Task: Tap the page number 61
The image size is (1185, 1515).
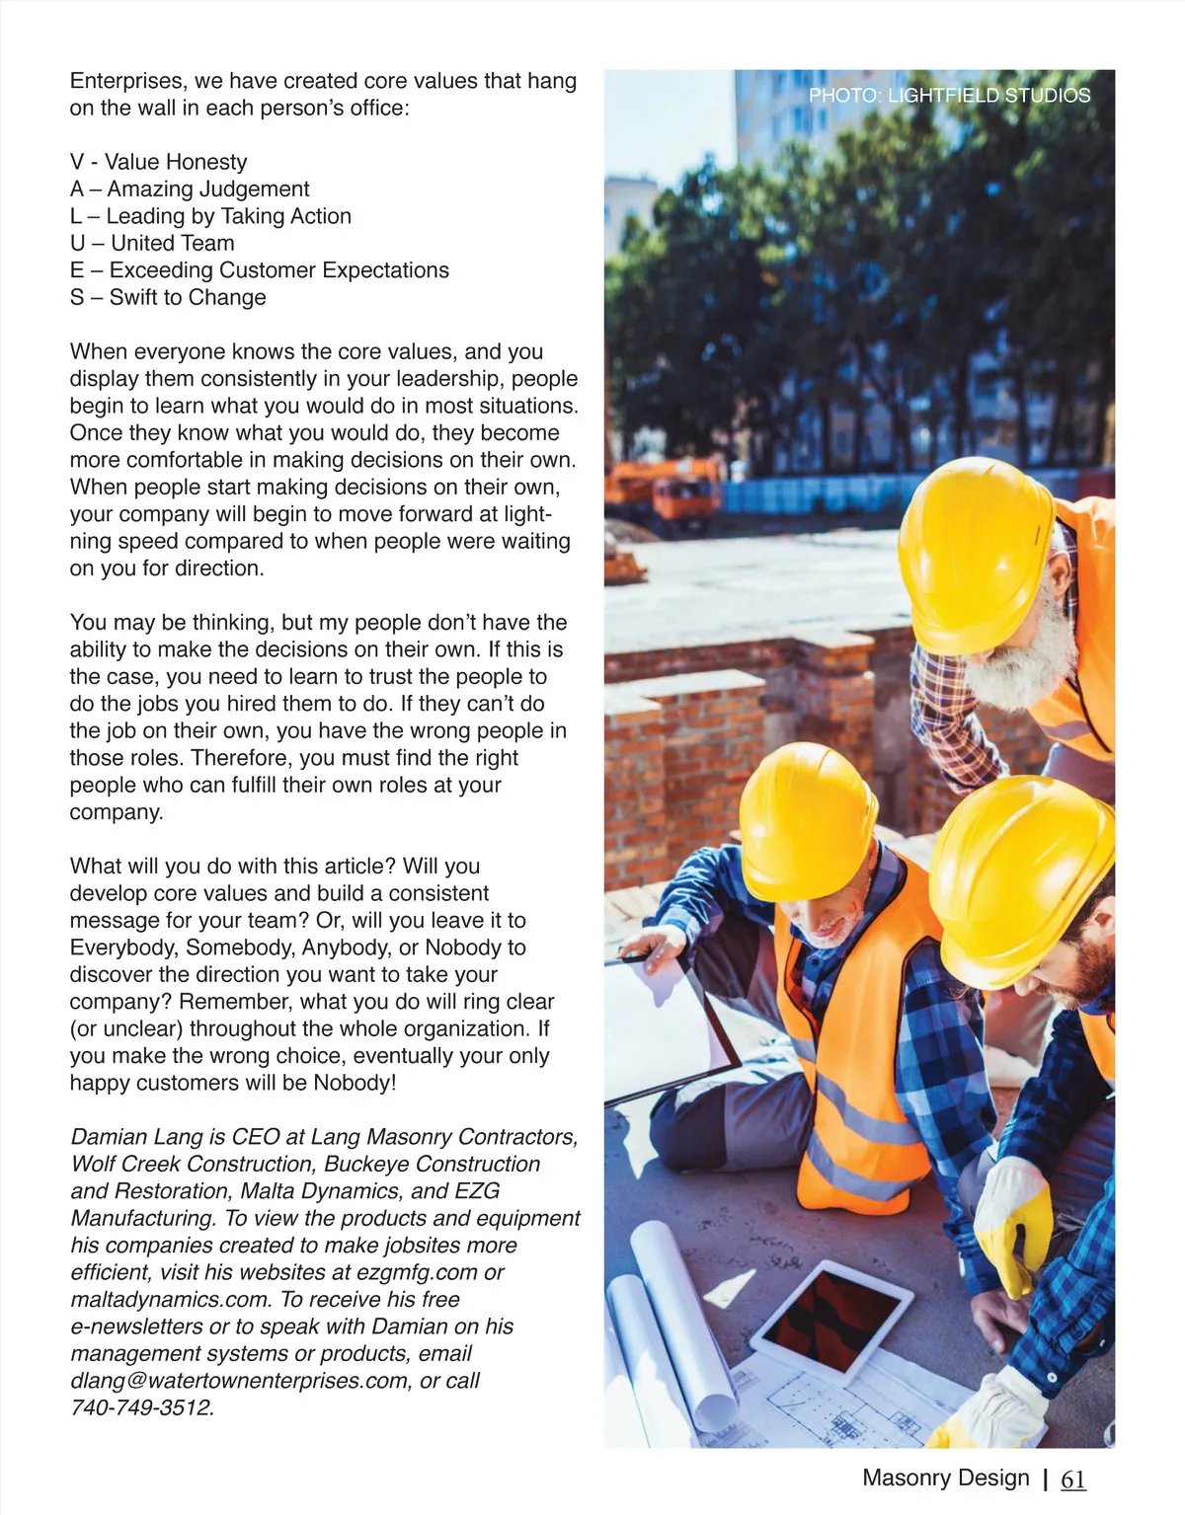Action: point(1072,1478)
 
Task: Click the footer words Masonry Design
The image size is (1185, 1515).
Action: point(945,1477)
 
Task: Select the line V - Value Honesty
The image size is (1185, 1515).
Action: point(158,162)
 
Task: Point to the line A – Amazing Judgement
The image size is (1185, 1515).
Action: point(190,189)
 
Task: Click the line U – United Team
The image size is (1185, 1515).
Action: point(152,243)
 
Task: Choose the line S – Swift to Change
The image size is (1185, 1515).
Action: point(168,297)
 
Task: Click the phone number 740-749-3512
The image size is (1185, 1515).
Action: point(141,1407)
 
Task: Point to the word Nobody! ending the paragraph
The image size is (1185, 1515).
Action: point(355,1083)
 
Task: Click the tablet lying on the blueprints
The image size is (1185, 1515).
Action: point(830,1317)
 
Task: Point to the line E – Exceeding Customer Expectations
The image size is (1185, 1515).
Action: point(259,270)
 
